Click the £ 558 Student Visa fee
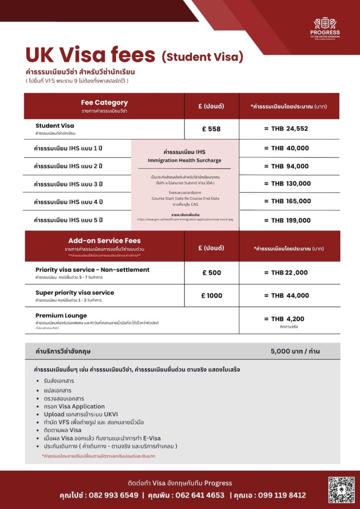[x=211, y=129]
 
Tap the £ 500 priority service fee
[x=211, y=272]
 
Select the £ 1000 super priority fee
[x=211, y=296]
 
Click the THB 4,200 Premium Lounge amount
[x=287, y=319]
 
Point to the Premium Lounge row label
[x=61, y=316]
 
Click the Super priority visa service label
[x=75, y=293]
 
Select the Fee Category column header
[x=104, y=103]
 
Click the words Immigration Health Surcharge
[x=184, y=161]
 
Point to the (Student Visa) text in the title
[x=202, y=57]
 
